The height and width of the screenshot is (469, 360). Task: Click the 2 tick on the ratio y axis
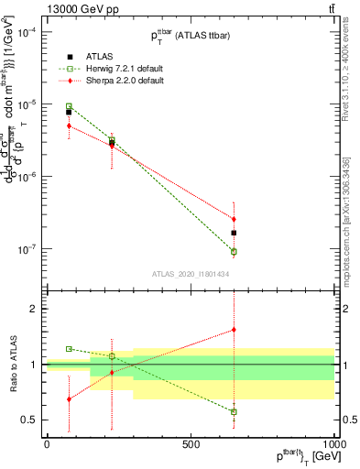(x=32, y=309)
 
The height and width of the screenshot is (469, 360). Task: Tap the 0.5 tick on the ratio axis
(x=28, y=420)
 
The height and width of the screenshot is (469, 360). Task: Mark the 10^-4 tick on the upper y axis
(x=27, y=32)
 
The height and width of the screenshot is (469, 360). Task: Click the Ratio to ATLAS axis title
(x=11, y=364)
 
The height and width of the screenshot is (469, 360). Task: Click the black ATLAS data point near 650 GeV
(x=234, y=233)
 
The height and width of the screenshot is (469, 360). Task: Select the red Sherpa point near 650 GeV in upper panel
(x=234, y=220)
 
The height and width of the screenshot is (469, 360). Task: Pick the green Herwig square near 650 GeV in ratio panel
(x=234, y=412)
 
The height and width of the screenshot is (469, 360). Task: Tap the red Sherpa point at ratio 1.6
(x=234, y=330)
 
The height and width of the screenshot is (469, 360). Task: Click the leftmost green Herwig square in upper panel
(x=69, y=106)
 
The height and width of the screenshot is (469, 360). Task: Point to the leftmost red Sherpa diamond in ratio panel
(x=69, y=399)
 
